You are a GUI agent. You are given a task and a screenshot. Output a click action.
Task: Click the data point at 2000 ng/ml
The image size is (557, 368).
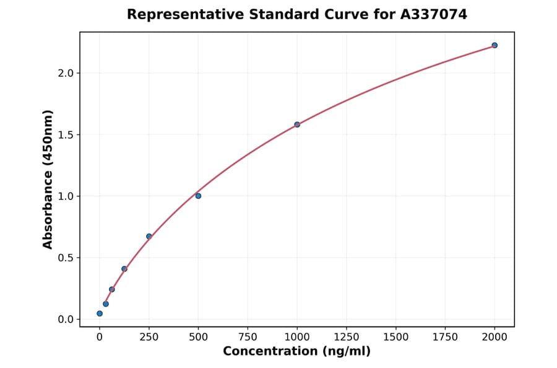pyautogui.click(x=494, y=45)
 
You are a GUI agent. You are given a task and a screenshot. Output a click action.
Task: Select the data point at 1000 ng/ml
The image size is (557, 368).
pyautogui.click(x=297, y=125)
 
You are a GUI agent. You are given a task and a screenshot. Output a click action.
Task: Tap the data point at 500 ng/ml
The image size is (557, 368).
pyautogui.click(x=198, y=196)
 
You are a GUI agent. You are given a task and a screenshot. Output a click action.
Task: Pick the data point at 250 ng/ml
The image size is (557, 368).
pyautogui.click(x=149, y=236)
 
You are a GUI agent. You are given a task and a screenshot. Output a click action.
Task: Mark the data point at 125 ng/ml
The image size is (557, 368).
pyautogui.click(x=124, y=269)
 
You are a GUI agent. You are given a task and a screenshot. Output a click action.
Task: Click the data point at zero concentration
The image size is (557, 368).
pyautogui.click(x=100, y=313)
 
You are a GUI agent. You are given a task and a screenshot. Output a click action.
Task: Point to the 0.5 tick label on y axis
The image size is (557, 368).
pyautogui.click(x=66, y=258)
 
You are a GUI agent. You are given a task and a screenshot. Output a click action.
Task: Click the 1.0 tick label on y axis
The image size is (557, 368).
pyautogui.click(x=66, y=196)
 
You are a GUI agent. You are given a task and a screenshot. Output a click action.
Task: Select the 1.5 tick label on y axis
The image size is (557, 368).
pyautogui.click(x=66, y=135)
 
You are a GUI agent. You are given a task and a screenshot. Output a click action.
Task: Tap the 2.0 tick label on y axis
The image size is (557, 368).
pyautogui.click(x=66, y=73)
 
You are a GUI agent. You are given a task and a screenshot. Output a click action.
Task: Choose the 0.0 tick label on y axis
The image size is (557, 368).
pyautogui.click(x=66, y=320)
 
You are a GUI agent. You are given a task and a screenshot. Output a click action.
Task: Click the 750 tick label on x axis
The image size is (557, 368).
pyautogui.click(x=248, y=337)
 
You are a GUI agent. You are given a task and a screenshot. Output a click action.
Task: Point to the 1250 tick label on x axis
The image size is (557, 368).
pyautogui.click(x=347, y=337)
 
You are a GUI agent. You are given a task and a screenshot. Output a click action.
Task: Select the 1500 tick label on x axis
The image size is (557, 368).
pyautogui.click(x=396, y=337)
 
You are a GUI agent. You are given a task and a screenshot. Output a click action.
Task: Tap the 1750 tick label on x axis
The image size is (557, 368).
pyautogui.click(x=445, y=337)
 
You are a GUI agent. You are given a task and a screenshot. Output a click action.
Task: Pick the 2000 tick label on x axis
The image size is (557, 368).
pyautogui.click(x=494, y=337)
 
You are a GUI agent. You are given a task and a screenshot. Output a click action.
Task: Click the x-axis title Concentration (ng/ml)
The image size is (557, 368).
pyautogui.click(x=297, y=352)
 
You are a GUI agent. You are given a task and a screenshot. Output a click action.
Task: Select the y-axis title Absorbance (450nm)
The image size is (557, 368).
pyautogui.click(x=48, y=179)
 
